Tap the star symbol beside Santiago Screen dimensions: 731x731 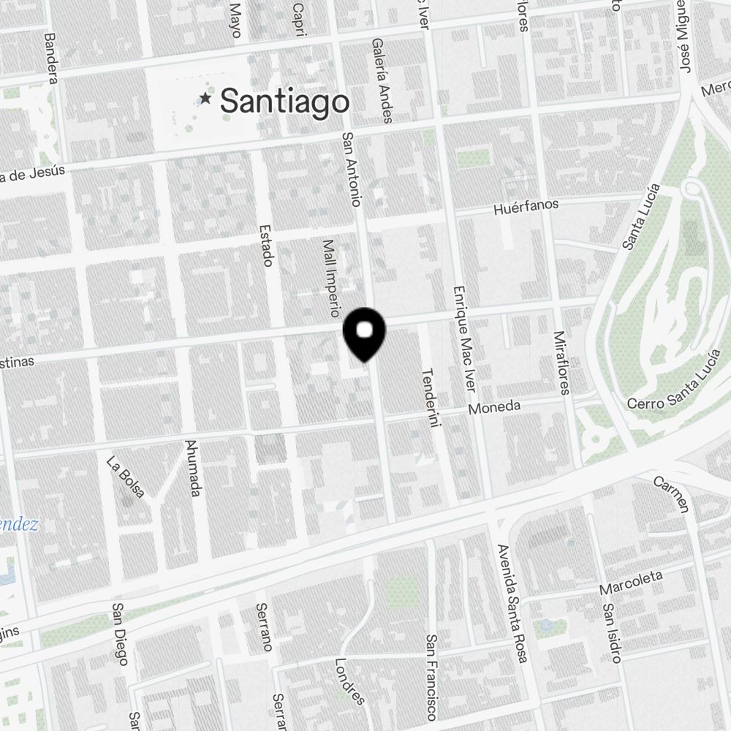tap(206, 98)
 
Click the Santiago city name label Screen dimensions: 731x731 tap(284, 101)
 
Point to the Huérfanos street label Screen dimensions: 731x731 tap(526, 207)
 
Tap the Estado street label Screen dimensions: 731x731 tap(265, 246)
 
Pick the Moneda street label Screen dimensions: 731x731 tap(494, 407)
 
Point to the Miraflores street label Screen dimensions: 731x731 tap(561, 363)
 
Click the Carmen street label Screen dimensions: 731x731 tap(671, 494)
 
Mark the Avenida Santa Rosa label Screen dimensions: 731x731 tap(512, 603)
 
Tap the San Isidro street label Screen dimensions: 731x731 tap(612, 632)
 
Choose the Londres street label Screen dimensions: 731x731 tap(349, 682)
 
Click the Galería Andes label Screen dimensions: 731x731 tap(382, 80)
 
